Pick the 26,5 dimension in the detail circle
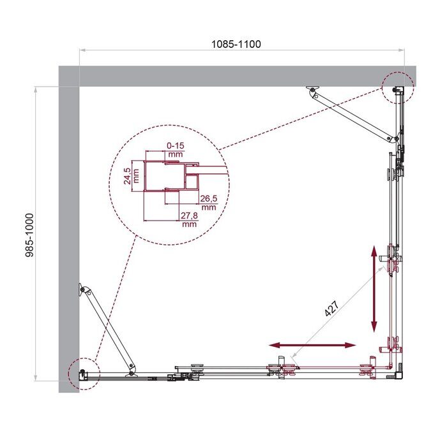[208, 203]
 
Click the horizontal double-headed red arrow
[312, 345]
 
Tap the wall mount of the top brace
[312, 91]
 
